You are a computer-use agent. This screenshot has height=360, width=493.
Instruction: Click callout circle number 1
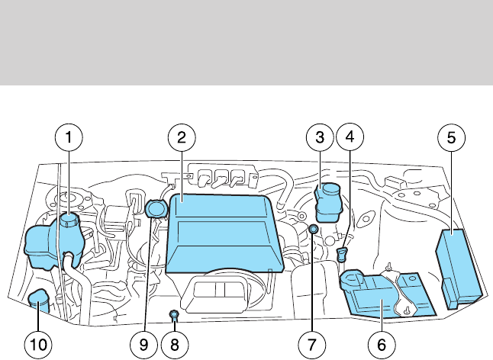click(69, 138)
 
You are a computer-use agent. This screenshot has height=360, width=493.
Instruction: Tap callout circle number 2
click(182, 138)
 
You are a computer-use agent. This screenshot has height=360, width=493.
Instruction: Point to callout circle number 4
click(350, 138)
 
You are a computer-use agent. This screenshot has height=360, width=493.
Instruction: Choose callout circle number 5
click(451, 138)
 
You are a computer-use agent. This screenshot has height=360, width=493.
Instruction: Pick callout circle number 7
click(311, 344)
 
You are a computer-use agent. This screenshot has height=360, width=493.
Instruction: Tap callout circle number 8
click(175, 344)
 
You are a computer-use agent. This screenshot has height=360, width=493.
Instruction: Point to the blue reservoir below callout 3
click(330, 201)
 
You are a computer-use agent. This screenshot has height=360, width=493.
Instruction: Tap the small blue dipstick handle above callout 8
click(174, 313)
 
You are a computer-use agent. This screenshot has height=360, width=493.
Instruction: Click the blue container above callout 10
click(38, 301)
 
